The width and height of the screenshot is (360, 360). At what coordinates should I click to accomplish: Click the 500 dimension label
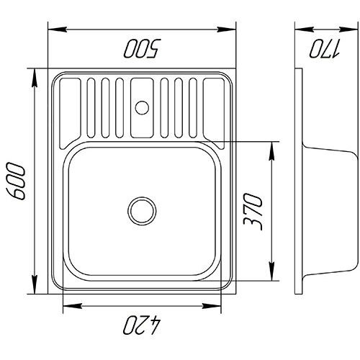tap(141, 48)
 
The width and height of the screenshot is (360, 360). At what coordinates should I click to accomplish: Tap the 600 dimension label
tap(16, 181)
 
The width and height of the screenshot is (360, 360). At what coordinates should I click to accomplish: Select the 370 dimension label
tap(253, 212)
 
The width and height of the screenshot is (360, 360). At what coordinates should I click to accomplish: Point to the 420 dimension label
tap(142, 325)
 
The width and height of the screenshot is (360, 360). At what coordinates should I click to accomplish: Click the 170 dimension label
tap(324, 48)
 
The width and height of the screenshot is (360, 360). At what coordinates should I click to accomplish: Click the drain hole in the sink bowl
tap(142, 211)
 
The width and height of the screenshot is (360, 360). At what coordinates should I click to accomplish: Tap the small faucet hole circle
tap(142, 108)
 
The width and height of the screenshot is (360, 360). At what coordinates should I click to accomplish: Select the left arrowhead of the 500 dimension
tap(58, 30)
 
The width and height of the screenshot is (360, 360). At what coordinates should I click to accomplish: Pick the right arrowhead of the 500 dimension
tap(227, 30)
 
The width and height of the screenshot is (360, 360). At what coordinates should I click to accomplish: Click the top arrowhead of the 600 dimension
tap(35, 78)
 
